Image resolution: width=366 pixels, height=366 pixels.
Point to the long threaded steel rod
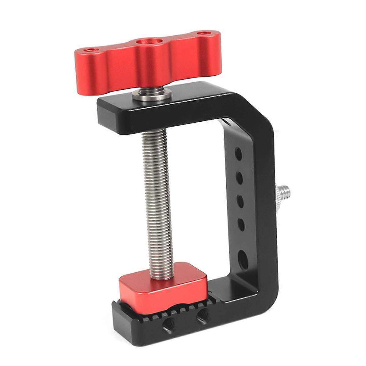click(156, 195)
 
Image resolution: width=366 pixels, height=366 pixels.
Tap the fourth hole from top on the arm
click(241, 224)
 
